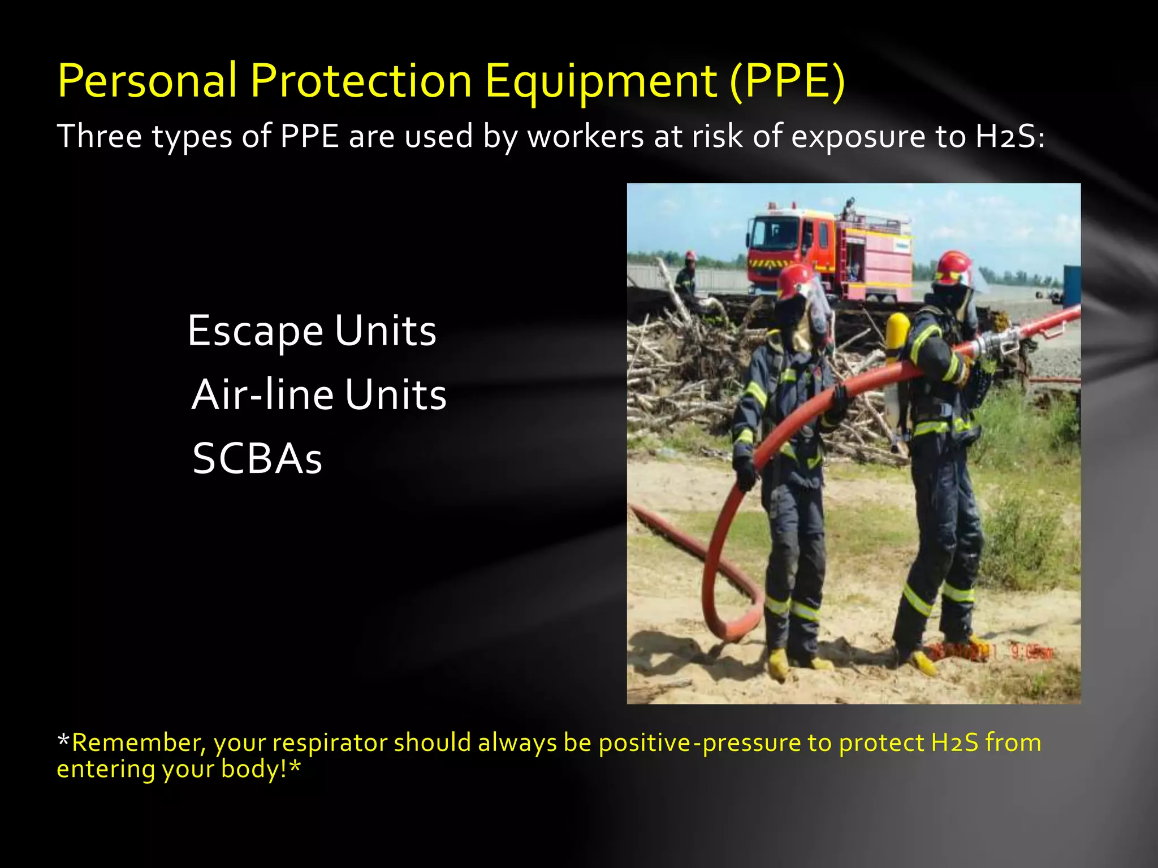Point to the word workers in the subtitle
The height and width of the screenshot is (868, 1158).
point(586,137)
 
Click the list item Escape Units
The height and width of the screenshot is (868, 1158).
point(312,331)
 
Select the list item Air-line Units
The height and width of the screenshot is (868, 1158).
point(319,395)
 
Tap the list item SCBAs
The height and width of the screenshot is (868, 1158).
point(257,459)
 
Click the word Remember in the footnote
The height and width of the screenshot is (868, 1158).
point(135,743)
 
